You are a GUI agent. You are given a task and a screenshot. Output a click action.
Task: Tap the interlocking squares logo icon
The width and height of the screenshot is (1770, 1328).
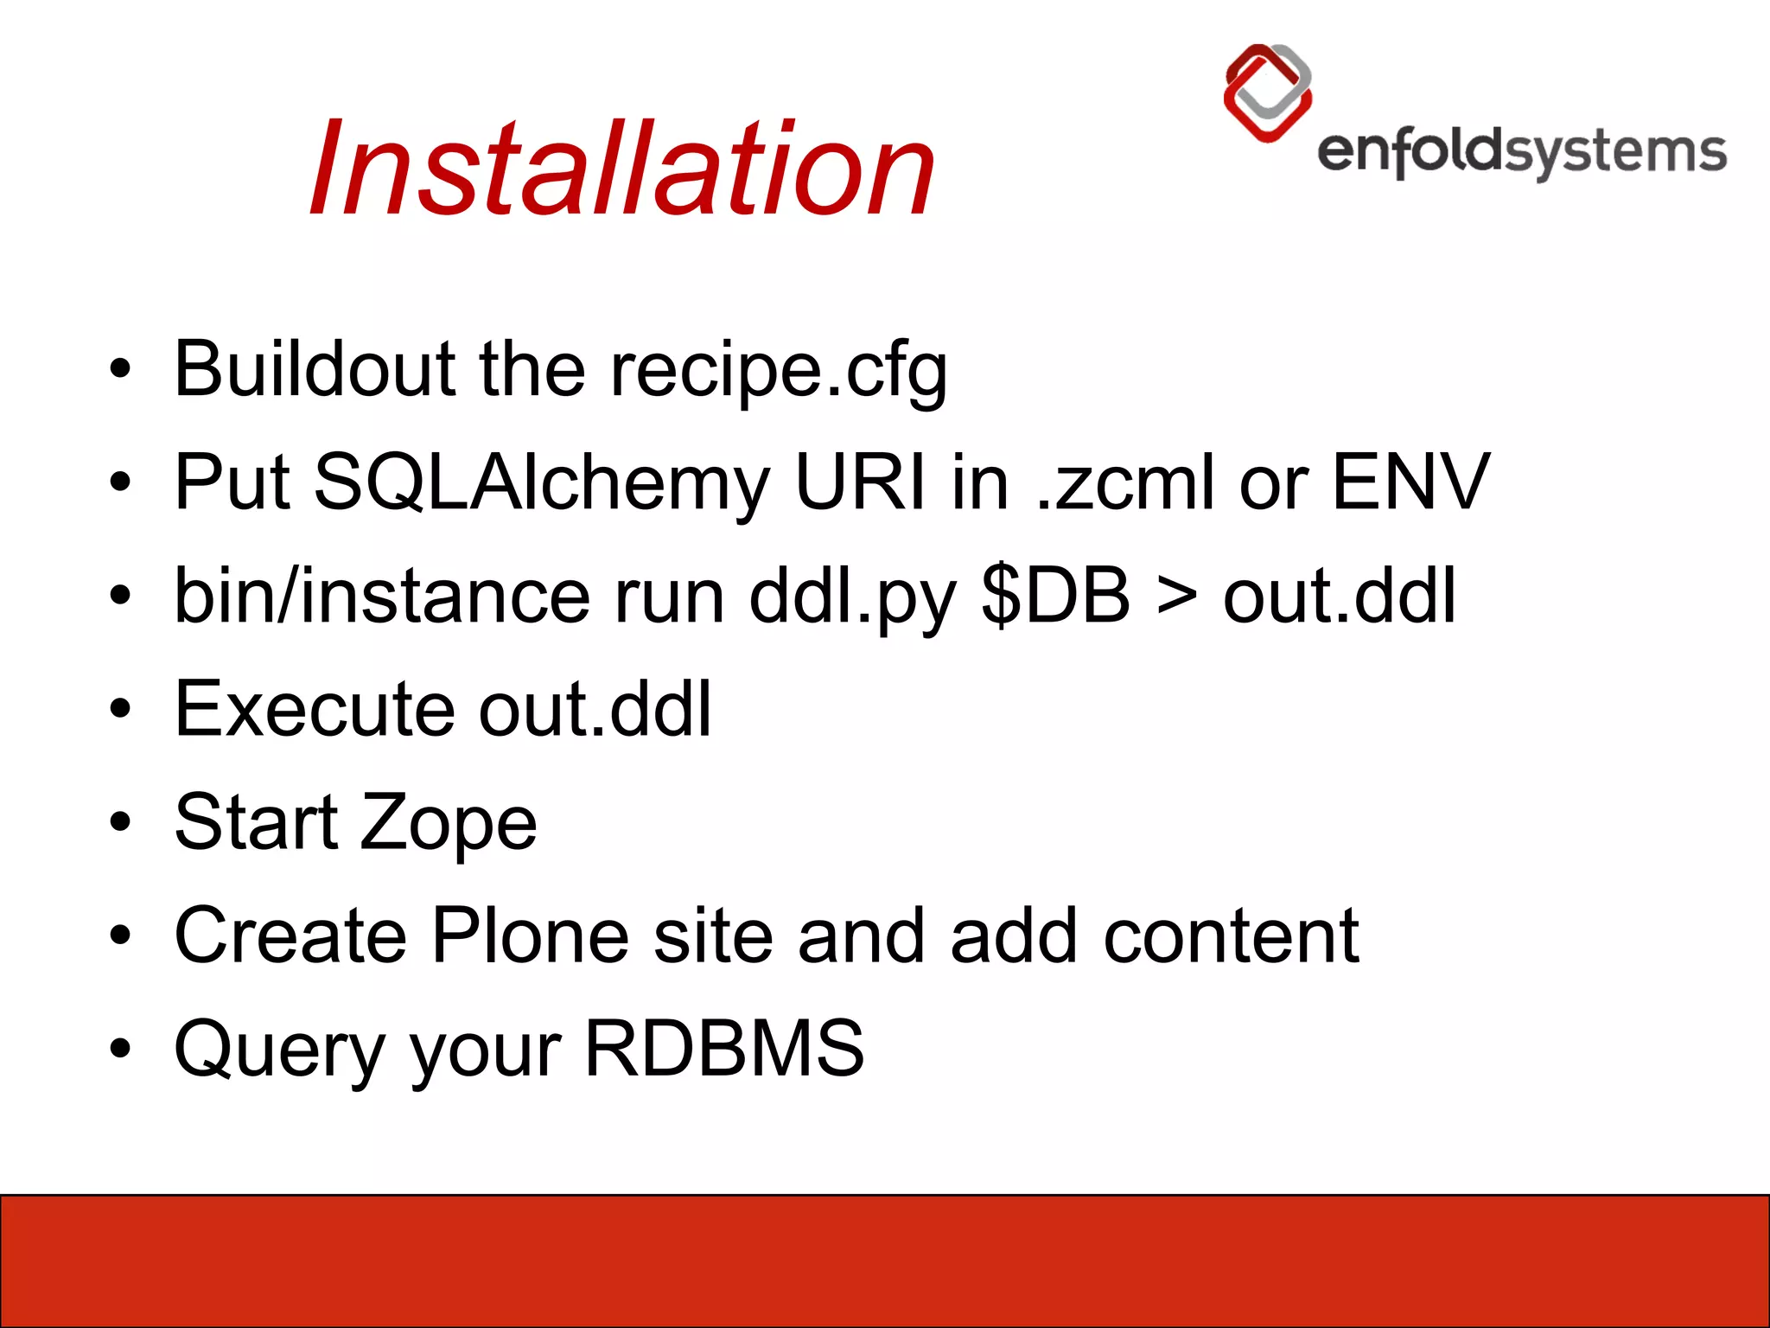click(1268, 93)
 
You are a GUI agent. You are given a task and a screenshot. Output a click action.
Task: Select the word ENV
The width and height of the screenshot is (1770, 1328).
click(1410, 482)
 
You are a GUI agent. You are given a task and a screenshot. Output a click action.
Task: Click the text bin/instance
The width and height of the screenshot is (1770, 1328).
click(382, 597)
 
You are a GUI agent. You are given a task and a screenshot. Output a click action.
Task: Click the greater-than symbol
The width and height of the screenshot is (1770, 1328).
click(1177, 597)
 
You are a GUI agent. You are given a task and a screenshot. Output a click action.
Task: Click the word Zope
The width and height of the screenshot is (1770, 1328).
click(448, 824)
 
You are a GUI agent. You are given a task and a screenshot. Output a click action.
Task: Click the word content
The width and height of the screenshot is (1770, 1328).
click(1231, 936)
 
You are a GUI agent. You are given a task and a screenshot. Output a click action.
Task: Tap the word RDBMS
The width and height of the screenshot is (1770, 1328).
click(724, 1048)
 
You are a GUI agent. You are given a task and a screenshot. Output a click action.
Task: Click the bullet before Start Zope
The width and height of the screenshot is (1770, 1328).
click(120, 821)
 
